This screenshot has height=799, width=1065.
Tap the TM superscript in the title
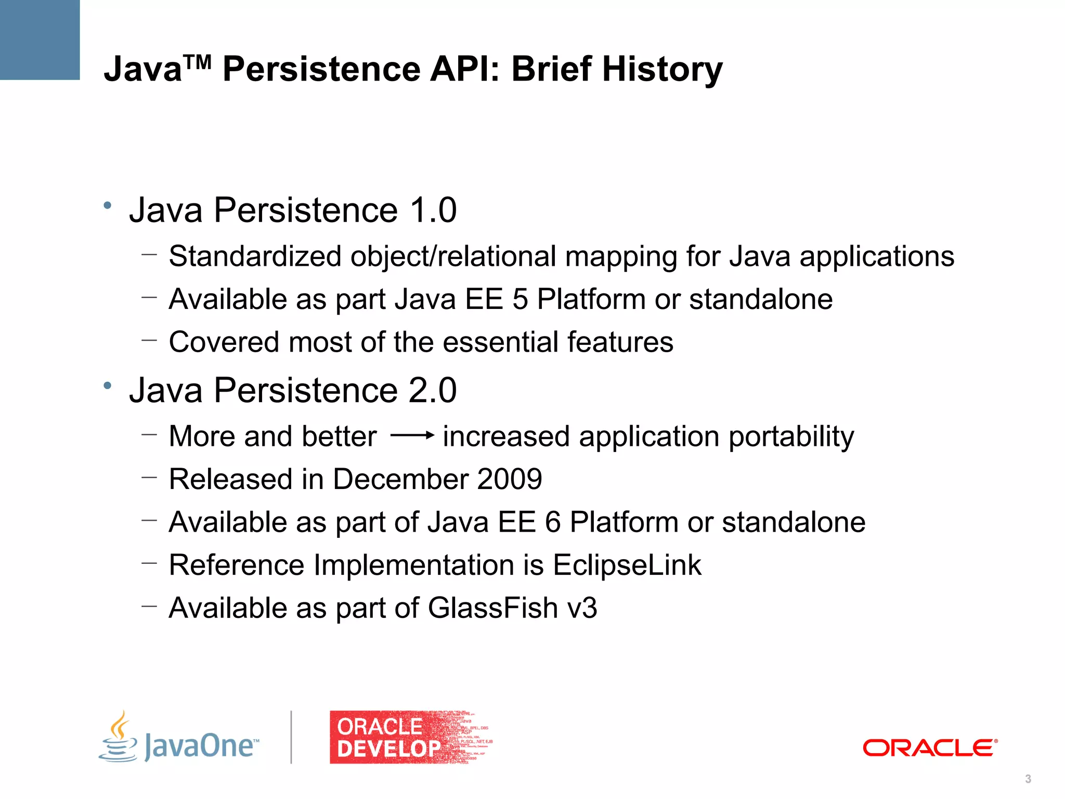click(197, 62)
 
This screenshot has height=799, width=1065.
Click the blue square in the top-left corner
click(40, 40)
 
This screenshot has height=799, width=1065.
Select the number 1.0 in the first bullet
click(433, 210)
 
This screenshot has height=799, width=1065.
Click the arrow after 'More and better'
click(412, 435)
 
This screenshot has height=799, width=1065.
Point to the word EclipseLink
click(627, 565)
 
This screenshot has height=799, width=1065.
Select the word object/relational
click(453, 256)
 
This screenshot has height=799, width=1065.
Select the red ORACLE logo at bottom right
click(930, 748)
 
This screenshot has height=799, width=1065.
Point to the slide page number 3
click(1028, 779)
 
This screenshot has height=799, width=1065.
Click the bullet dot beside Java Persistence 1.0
click(108, 205)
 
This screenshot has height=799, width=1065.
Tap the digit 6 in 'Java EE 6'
click(553, 522)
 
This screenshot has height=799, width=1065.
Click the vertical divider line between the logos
click(291, 737)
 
